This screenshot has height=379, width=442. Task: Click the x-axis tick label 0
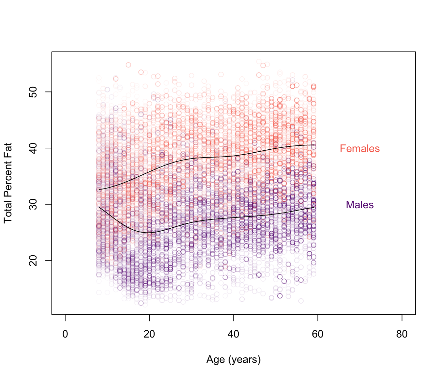click(x=65, y=335)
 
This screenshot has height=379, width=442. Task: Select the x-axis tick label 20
click(x=149, y=335)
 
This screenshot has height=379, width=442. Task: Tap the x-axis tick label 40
click(x=233, y=335)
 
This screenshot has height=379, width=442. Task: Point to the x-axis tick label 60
click(x=318, y=335)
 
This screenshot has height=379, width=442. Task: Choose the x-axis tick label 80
click(x=402, y=335)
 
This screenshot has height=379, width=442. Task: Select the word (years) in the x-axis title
click(x=244, y=360)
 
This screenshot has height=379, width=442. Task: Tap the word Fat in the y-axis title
click(x=8, y=150)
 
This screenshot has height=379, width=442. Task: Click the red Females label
click(x=360, y=149)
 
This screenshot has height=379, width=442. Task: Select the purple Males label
click(x=360, y=205)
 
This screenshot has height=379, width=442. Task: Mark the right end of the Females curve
click(x=315, y=145)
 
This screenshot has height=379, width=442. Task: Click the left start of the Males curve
click(x=99, y=207)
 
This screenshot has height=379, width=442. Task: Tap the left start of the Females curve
click(x=99, y=189)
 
